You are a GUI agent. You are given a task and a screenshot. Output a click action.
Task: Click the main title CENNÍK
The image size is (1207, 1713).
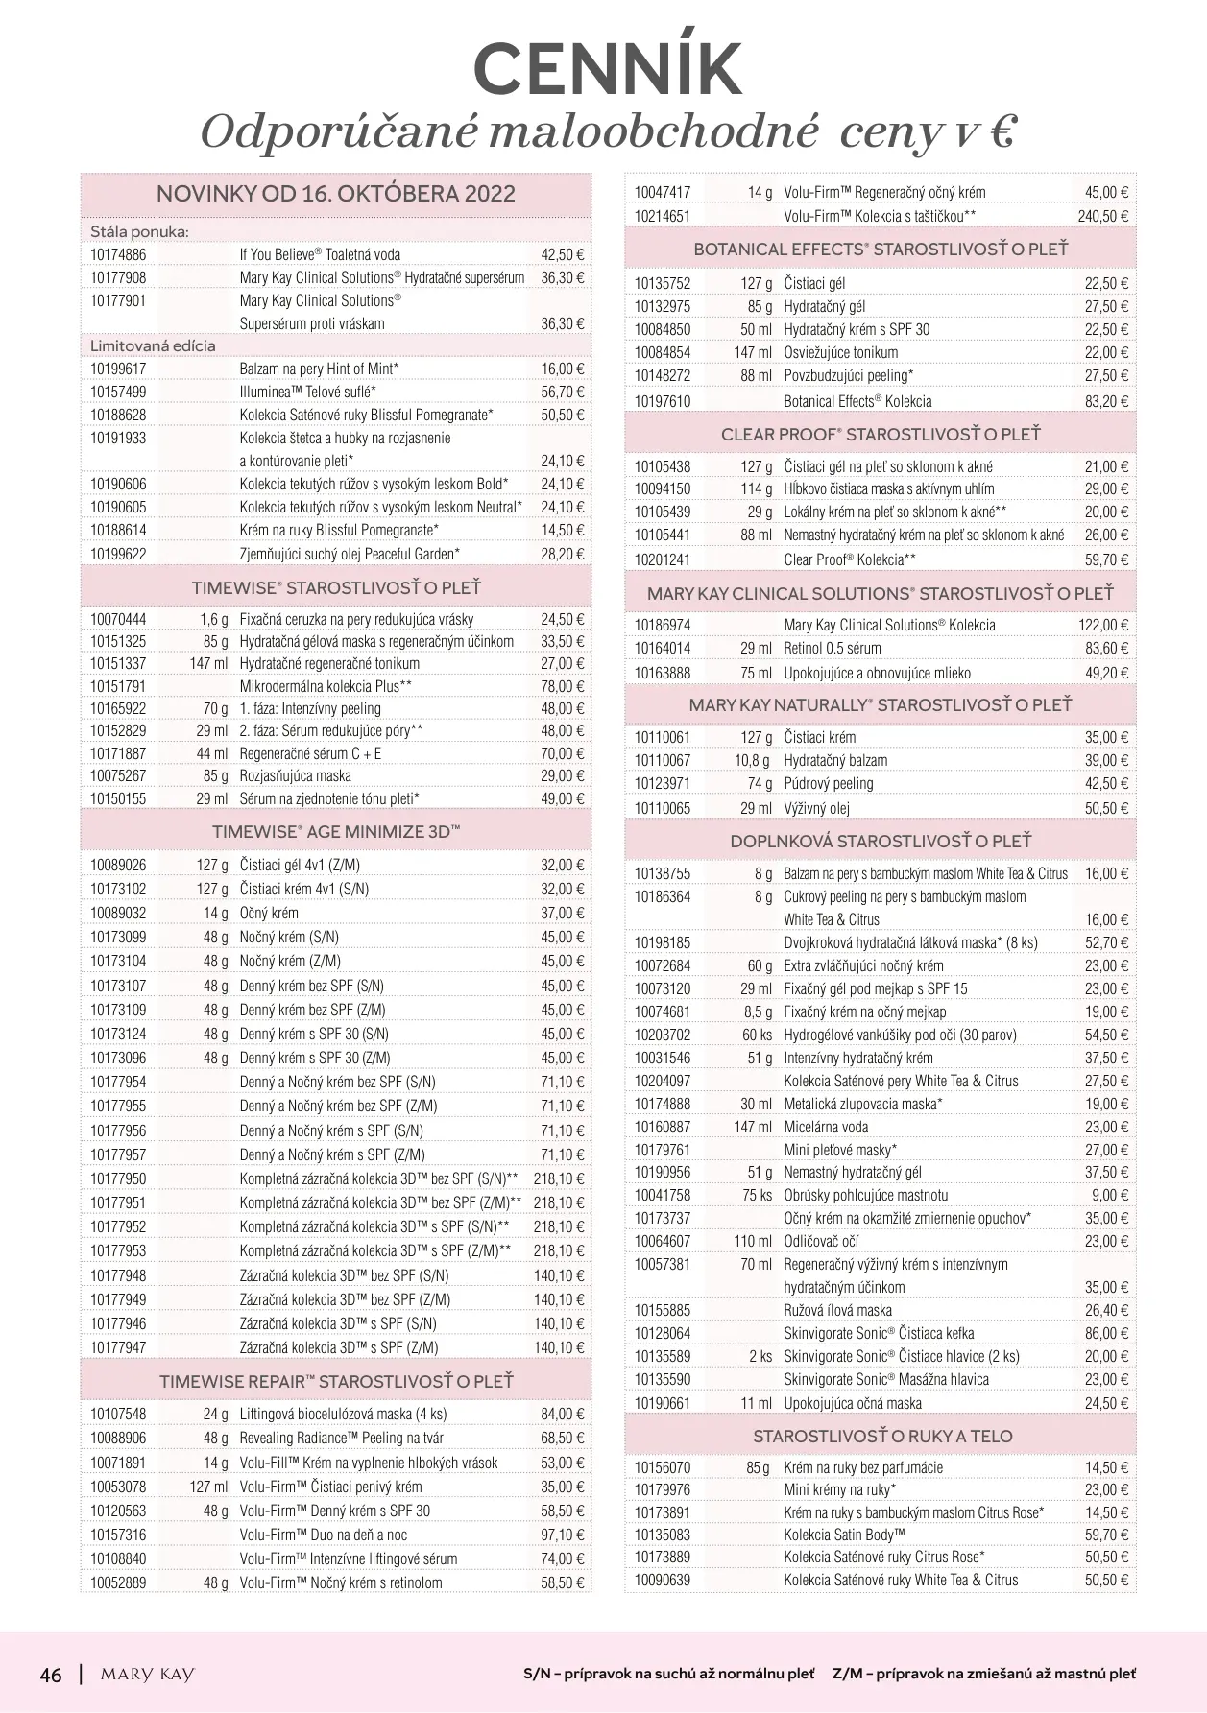(x=608, y=68)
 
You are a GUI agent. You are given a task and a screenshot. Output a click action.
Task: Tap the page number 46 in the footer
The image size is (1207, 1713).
(x=51, y=1674)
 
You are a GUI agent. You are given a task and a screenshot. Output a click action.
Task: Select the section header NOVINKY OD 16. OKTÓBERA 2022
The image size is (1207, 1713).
(x=336, y=194)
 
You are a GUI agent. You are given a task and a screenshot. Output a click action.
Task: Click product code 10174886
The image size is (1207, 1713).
(x=118, y=254)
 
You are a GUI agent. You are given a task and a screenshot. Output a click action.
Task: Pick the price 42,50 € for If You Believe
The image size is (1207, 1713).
(x=562, y=254)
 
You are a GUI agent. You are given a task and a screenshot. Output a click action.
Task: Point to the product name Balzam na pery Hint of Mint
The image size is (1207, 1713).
(x=319, y=369)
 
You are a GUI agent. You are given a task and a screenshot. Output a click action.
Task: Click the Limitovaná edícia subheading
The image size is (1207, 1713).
(x=153, y=345)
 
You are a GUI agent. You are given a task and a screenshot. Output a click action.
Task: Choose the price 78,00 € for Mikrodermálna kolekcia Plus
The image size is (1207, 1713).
(x=562, y=686)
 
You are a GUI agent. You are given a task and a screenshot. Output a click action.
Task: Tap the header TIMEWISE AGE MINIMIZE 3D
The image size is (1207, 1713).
(x=336, y=832)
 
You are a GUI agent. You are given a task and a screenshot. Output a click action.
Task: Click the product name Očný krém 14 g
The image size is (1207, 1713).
(x=269, y=913)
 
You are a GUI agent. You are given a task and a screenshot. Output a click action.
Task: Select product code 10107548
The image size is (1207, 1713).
(x=118, y=1414)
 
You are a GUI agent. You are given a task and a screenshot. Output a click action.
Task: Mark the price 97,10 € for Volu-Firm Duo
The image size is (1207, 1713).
(x=562, y=1535)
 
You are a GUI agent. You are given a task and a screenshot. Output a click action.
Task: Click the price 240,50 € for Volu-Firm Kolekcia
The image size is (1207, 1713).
(x=1102, y=216)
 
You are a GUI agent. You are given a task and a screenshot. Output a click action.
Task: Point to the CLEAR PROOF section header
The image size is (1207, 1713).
(x=881, y=435)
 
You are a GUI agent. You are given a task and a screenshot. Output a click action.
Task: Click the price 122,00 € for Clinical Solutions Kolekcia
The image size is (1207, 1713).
(x=1102, y=625)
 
